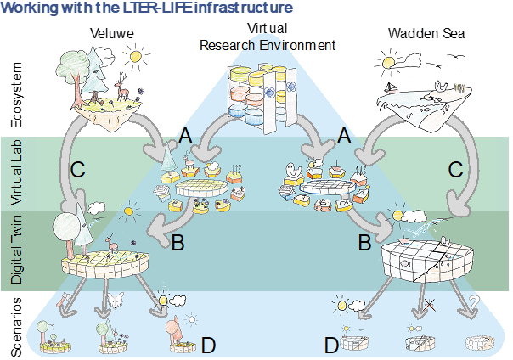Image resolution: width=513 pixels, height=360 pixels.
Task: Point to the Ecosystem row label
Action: pyautogui.click(x=16, y=98)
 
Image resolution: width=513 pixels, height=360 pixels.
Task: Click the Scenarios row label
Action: pyautogui.click(x=16, y=323)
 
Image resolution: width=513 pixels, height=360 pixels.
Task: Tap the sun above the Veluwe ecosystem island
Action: pyautogui.click(x=134, y=58)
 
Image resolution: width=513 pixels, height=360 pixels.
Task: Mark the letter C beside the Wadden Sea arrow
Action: pyautogui.click(x=457, y=169)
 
